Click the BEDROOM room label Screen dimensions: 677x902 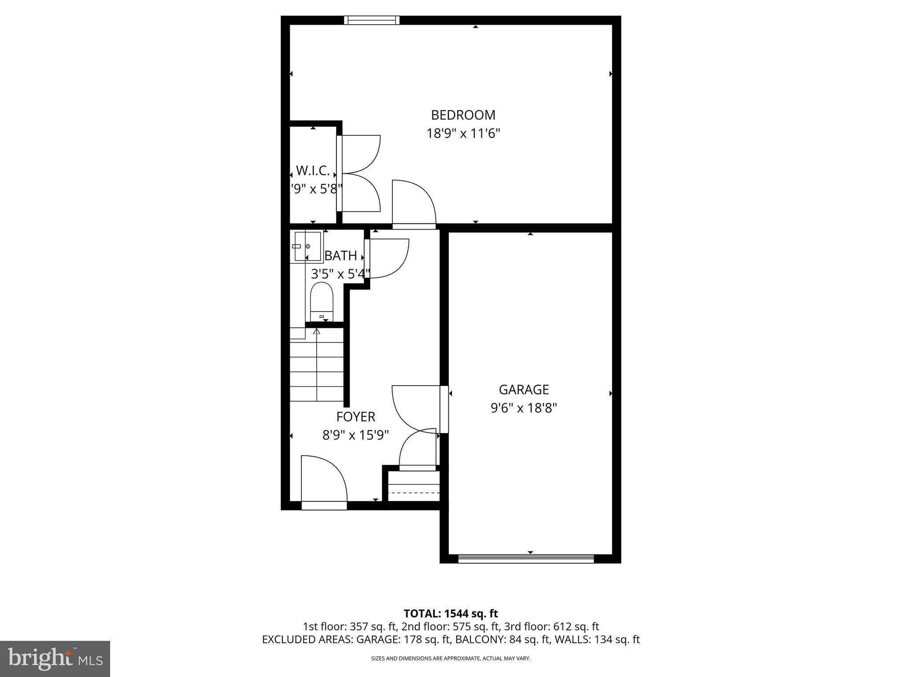click(463, 115)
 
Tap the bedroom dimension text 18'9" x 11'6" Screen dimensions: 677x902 click(463, 133)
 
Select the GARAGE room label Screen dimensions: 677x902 click(524, 390)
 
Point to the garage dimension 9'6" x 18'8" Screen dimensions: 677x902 click(524, 408)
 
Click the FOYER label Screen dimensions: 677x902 click(355, 417)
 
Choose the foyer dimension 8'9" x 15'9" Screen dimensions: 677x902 click(355, 435)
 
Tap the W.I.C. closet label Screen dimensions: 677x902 click(313, 171)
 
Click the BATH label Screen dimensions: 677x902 click(340, 256)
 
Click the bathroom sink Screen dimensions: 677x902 click(307, 246)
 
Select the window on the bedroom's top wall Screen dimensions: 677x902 click(371, 20)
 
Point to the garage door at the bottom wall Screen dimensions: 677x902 click(526, 558)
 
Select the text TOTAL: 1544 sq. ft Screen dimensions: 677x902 click(451, 614)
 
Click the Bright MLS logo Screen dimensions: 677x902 click(55, 658)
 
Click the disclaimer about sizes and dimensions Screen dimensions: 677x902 click(451, 658)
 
